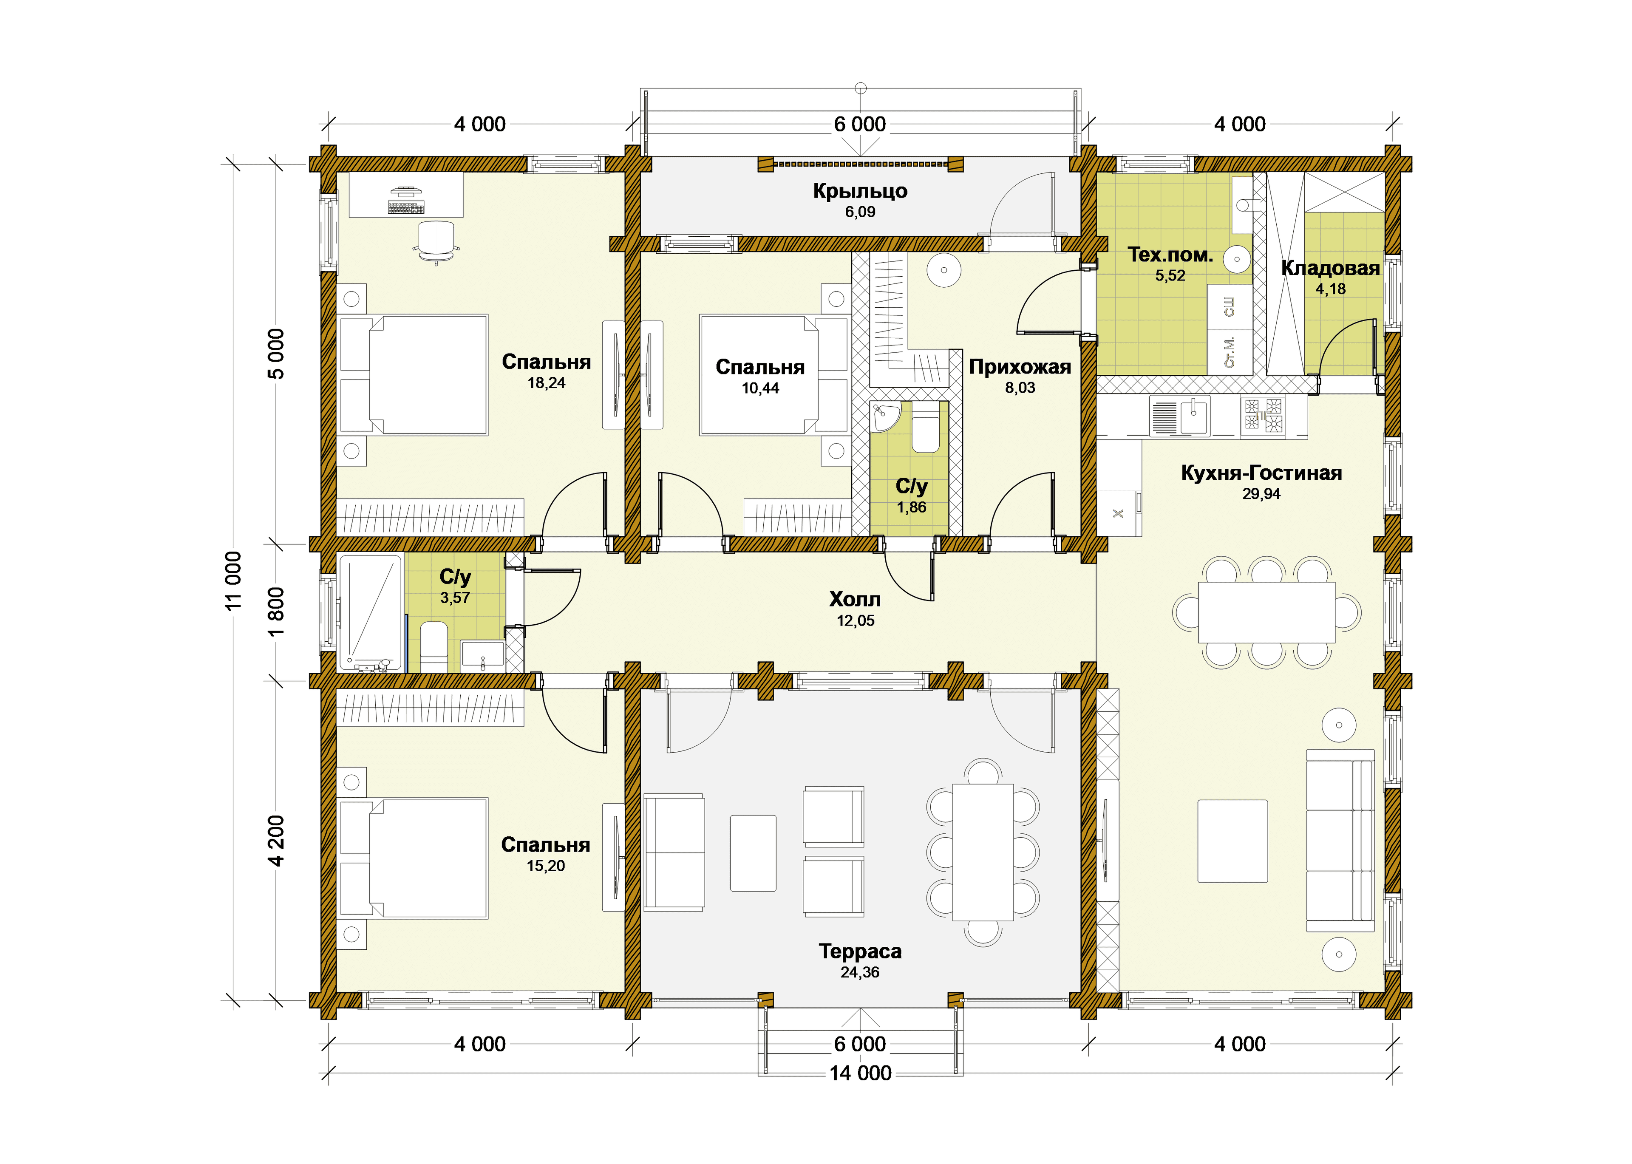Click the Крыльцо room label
click(x=860, y=191)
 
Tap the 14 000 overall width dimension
click(x=860, y=1073)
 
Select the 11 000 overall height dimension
click(x=234, y=581)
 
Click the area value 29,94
click(x=1261, y=494)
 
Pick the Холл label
click(x=855, y=599)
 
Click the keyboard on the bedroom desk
click(x=406, y=207)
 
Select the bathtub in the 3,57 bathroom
click(x=370, y=613)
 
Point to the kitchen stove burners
click(x=1263, y=416)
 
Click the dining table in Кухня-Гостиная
click(x=1266, y=612)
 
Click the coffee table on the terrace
click(x=753, y=853)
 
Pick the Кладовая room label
click(x=1330, y=268)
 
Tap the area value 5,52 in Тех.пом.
click(x=1170, y=276)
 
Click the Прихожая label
click(x=1020, y=367)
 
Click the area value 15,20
click(x=546, y=866)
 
